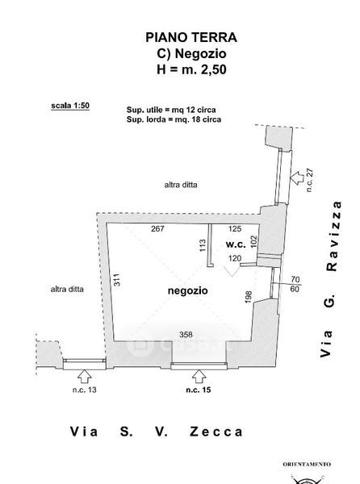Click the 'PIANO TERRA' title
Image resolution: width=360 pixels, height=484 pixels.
point(191,37)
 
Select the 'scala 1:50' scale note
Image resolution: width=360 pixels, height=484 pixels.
point(70,106)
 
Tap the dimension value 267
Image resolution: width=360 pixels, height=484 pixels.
point(157,229)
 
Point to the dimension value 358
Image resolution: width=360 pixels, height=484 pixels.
point(186,335)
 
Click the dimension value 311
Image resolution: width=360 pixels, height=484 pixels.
point(117,280)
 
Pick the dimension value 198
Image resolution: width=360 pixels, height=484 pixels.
point(249,297)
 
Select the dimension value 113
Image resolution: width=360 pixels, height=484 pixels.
point(203,245)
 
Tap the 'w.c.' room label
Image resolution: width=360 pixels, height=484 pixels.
point(236,244)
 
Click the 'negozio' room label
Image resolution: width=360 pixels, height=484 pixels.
point(188,290)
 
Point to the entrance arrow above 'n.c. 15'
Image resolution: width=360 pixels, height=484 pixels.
point(199,377)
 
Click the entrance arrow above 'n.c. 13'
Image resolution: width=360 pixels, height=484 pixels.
point(85,377)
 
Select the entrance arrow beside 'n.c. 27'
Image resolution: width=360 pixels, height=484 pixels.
point(297,178)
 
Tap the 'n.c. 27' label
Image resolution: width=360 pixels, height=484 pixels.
point(310,180)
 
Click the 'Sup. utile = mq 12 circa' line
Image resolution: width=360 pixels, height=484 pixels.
point(171,110)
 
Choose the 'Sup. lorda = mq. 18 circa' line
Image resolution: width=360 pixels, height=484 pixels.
point(174,119)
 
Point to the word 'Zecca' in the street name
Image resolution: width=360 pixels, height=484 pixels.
point(216,432)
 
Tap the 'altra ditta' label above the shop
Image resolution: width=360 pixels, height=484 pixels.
point(181,185)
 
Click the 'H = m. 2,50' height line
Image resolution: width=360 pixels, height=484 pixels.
point(191,69)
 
